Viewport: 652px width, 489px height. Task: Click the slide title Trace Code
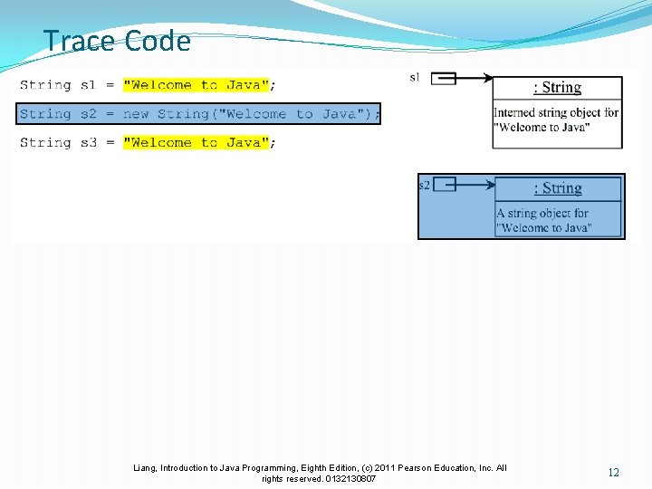pos(117,41)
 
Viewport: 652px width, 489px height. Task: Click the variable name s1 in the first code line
pos(87,85)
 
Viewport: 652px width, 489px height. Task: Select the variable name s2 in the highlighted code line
pos(87,114)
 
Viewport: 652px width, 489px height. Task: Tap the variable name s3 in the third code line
pos(87,142)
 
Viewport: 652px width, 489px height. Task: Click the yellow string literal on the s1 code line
pos(196,85)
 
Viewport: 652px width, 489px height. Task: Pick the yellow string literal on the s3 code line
pos(196,142)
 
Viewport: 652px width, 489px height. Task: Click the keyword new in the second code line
pos(136,114)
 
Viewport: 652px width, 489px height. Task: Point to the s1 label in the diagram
pos(415,78)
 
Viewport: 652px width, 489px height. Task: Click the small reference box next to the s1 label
pos(443,79)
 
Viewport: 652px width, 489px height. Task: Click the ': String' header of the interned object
pos(557,88)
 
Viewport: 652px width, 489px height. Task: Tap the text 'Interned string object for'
pos(556,113)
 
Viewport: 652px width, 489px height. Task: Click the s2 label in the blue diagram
pos(424,185)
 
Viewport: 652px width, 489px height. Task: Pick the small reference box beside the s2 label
pos(444,185)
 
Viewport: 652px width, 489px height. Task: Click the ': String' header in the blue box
pos(558,188)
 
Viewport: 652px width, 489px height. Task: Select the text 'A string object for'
pos(542,214)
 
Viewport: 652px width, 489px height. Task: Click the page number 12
pos(614,473)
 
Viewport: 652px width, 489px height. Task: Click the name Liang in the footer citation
pos(145,468)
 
